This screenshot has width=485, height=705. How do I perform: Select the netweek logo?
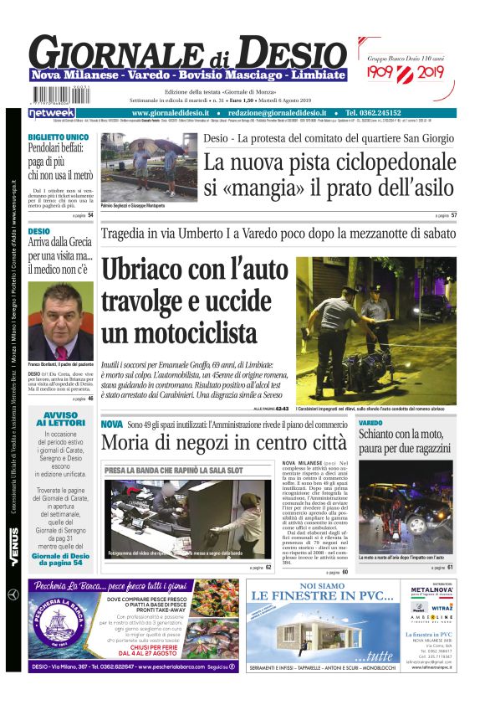point(51,113)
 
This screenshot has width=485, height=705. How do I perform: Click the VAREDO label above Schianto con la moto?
point(370,423)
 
